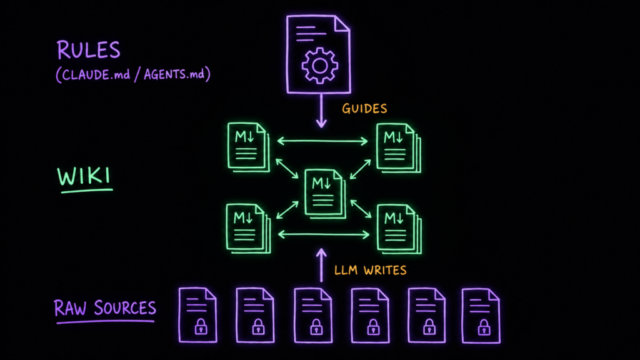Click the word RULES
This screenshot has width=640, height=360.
point(88,50)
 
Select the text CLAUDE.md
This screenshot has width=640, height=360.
point(96,75)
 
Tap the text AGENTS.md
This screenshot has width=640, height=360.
point(174,74)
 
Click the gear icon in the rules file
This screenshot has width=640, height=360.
point(319,66)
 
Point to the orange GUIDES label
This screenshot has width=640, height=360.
point(364,109)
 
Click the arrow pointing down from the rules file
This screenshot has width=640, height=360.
point(321,111)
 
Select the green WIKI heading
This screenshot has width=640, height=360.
point(84,177)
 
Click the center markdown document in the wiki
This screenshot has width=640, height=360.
point(325,194)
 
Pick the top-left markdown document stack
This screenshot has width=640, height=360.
point(249,147)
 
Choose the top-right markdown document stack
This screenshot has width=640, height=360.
point(398,147)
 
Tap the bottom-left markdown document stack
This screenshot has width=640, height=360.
point(248,229)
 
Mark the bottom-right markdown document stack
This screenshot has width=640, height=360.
point(399,229)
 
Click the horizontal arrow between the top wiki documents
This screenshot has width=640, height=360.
point(322,142)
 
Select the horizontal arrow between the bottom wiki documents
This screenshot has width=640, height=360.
point(323,234)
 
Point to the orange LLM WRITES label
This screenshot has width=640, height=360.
point(370,270)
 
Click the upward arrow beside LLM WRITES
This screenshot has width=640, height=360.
point(321,265)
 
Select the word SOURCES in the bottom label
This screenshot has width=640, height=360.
point(125,307)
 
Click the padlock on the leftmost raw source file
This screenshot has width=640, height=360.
point(201,326)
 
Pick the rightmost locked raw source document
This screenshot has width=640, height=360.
point(481,316)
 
